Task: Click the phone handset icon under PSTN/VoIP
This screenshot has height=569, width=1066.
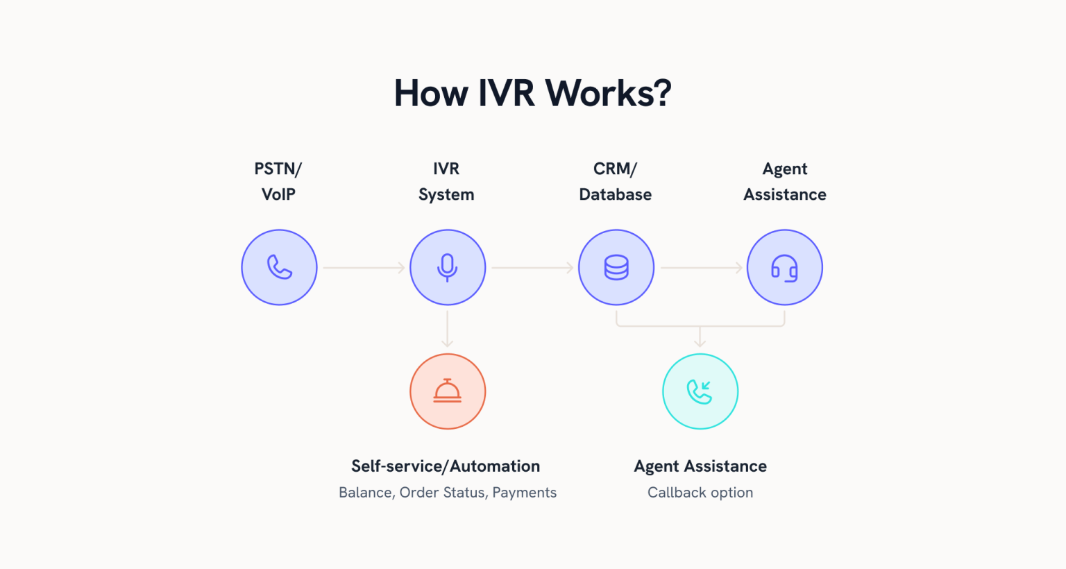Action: pyautogui.click(x=280, y=267)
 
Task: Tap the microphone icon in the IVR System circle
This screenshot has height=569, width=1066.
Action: pyautogui.click(x=448, y=267)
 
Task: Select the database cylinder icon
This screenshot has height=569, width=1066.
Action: pyautogui.click(x=616, y=267)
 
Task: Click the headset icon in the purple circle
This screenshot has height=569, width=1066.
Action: pyautogui.click(x=785, y=268)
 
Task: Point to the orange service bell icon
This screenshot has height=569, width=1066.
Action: pyautogui.click(x=448, y=391)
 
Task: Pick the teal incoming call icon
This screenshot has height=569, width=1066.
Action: pyautogui.click(x=700, y=391)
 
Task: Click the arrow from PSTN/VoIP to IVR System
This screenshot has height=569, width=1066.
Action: pyautogui.click(x=364, y=267)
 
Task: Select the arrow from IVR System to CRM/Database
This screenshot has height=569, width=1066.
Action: pyautogui.click(x=532, y=267)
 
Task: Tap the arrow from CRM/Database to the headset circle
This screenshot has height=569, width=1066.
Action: pyautogui.click(x=701, y=267)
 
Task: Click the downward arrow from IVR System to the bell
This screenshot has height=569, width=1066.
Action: pyautogui.click(x=448, y=329)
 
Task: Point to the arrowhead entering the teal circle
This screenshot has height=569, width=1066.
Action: pyautogui.click(x=700, y=341)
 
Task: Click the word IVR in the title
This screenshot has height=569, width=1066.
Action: pyautogui.click(x=507, y=93)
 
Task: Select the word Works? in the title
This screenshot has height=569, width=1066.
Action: pyautogui.click(x=609, y=93)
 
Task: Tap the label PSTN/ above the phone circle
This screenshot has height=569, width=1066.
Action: pyautogui.click(x=278, y=169)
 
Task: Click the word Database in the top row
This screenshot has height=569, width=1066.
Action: pyautogui.click(x=616, y=194)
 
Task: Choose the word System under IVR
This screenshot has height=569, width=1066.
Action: pyautogui.click(x=446, y=194)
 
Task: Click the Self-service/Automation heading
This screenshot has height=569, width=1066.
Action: pyautogui.click(x=446, y=466)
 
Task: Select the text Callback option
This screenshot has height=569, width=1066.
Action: pyautogui.click(x=700, y=493)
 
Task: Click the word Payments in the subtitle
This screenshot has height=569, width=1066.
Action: pyautogui.click(x=525, y=493)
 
